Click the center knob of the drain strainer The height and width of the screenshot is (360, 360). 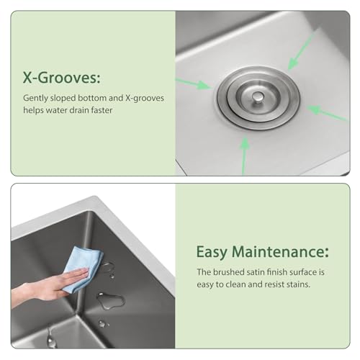tap(257, 96)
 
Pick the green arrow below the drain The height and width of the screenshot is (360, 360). tap(246, 152)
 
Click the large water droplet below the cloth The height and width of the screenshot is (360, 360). tap(109, 300)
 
